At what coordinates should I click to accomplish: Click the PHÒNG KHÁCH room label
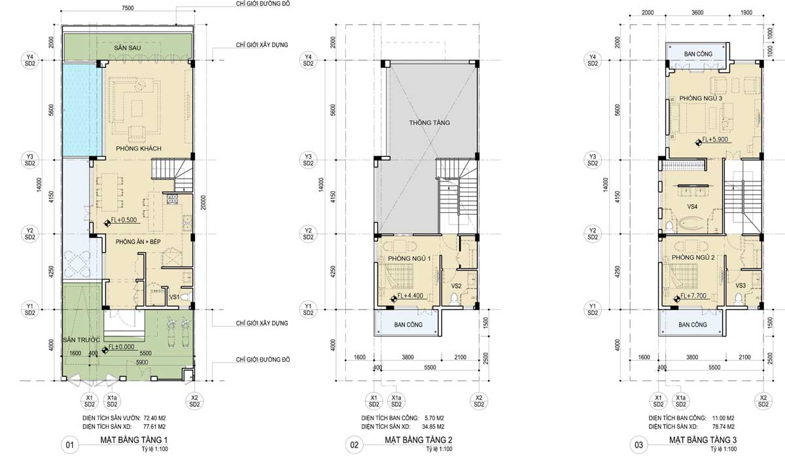(139, 149)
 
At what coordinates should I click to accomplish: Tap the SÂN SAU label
(127, 48)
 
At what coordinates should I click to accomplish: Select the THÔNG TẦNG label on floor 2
(429, 122)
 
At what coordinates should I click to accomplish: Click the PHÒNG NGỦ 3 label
(701, 99)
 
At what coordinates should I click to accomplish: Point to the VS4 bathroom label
(692, 207)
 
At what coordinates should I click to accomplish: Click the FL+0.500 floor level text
(124, 220)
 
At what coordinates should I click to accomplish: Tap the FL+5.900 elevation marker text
(715, 139)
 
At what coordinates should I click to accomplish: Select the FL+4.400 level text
(410, 296)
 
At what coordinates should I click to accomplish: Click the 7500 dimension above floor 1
(128, 8)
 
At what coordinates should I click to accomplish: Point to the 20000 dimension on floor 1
(203, 203)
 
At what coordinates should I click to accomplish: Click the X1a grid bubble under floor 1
(112, 401)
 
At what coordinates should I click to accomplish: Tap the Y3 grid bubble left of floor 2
(308, 160)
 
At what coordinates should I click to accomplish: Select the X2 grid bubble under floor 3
(763, 401)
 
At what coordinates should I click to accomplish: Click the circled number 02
(355, 445)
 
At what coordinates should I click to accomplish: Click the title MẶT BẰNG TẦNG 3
(703, 440)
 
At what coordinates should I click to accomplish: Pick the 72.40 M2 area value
(154, 418)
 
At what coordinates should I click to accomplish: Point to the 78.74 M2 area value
(724, 427)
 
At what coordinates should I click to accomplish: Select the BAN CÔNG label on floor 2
(408, 325)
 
